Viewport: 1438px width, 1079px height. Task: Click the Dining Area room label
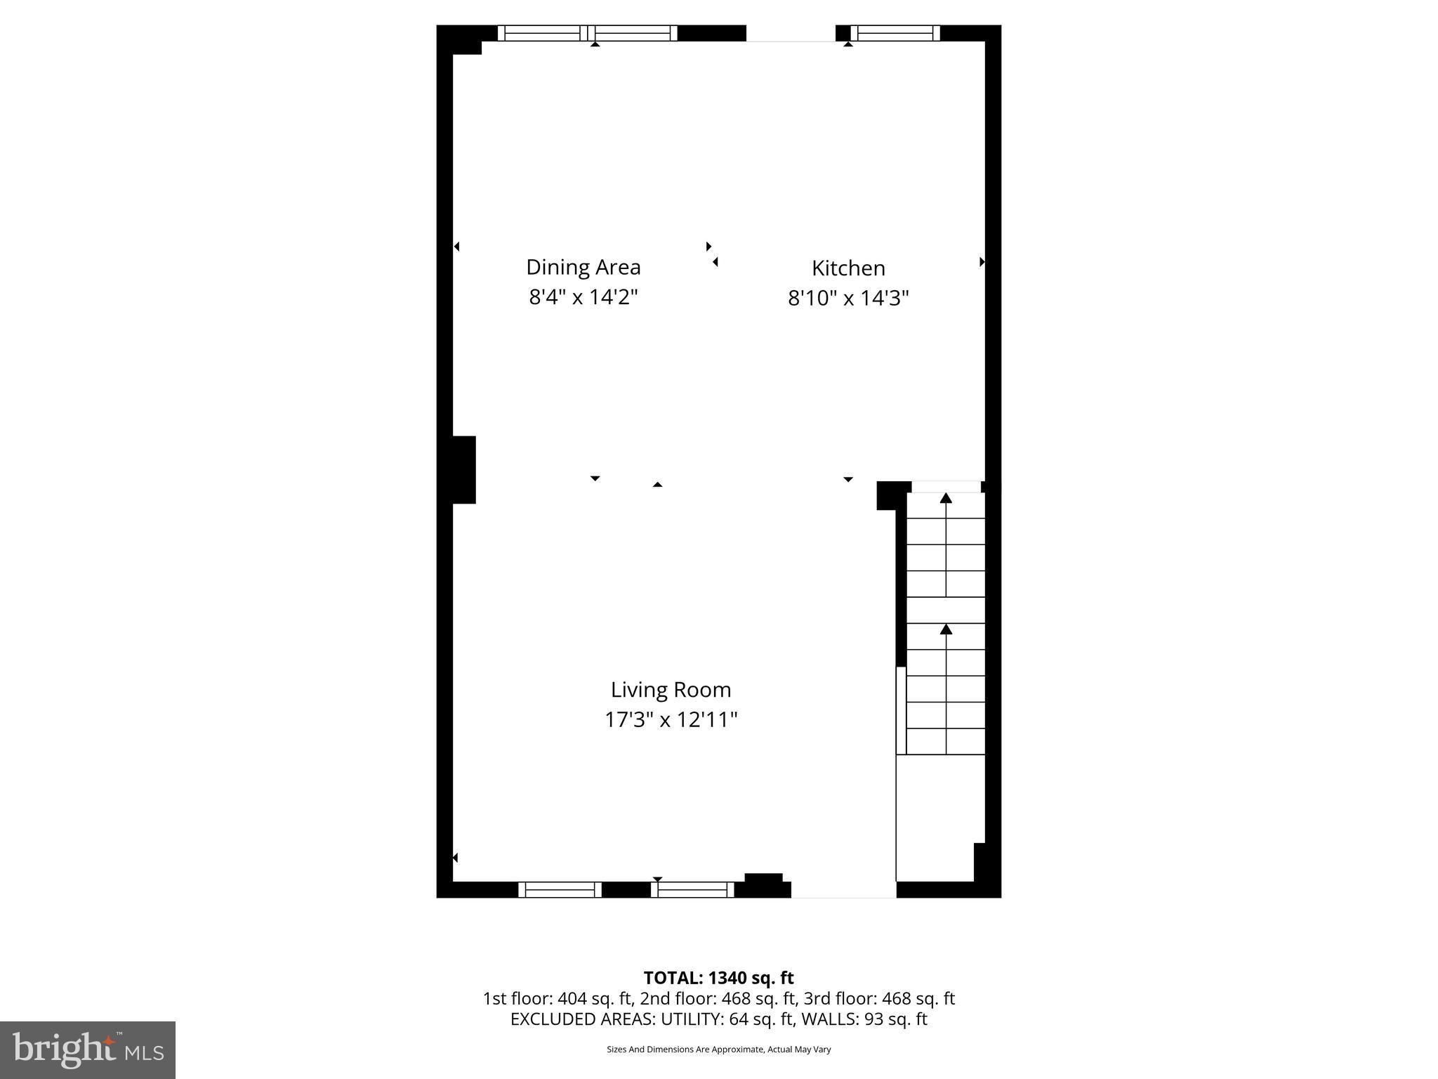point(583,267)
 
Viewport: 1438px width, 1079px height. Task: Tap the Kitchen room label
point(848,268)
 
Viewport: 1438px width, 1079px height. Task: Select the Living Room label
point(671,690)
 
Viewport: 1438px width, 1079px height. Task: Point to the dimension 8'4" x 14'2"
point(583,297)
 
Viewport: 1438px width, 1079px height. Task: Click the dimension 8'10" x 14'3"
point(848,299)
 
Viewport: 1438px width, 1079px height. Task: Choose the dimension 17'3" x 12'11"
point(671,720)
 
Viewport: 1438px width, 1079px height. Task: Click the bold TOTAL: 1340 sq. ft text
point(718,978)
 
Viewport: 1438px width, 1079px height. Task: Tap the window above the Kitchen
point(895,33)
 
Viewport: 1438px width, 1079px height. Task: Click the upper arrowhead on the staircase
point(946,498)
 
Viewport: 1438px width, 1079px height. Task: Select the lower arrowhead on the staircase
point(946,629)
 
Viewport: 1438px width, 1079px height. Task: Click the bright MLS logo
point(88,1050)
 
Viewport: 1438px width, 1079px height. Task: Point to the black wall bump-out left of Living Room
point(463,470)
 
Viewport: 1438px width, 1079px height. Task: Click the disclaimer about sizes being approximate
point(718,1049)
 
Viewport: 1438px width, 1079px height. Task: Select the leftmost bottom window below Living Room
point(560,889)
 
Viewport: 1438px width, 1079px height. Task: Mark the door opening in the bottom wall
point(843,889)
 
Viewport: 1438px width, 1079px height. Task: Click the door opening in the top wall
point(791,33)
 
